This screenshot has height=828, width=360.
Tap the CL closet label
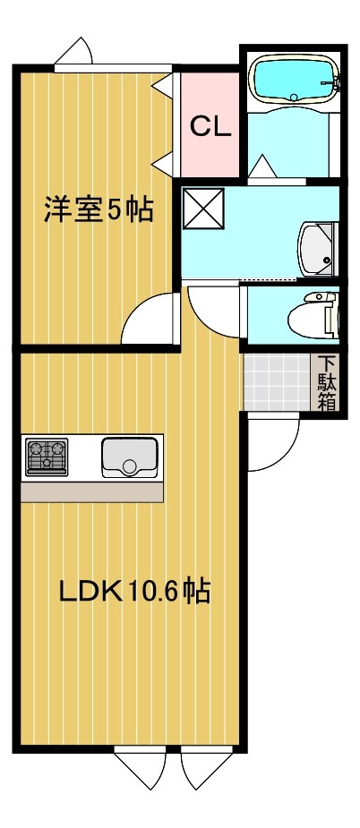pos(210,126)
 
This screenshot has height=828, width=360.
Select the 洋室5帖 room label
pos(99,210)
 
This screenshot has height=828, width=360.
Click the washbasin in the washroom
pos(316,248)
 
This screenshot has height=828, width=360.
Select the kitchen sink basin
pos(130,457)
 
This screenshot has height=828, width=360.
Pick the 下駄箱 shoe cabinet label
pos(329,383)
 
